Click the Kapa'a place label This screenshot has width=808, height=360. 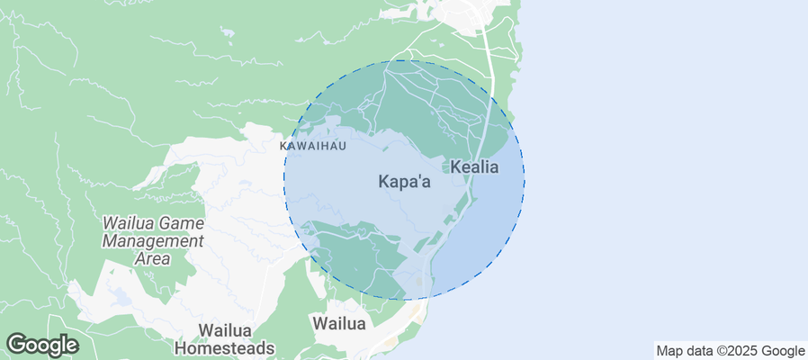pyautogui.click(x=404, y=182)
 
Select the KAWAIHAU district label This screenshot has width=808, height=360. pyautogui.click(x=312, y=146)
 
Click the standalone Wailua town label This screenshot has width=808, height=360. pyautogui.click(x=338, y=323)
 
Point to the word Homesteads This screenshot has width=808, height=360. pyautogui.click(x=224, y=347)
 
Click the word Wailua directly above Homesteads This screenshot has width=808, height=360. pyautogui.click(x=224, y=330)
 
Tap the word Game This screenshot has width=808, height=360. pyautogui.click(x=184, y=223)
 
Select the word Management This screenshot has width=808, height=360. pyautogui.click(x=153, y=241)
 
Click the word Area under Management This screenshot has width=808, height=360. pyautogui.click(x=153, y=259)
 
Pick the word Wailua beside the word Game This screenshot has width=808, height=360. pyautogui.click(x=131, y=223)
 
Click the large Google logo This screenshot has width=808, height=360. pyautogui.click(x=42, y=344)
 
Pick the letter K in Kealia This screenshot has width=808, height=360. pyautogui.click(x=455, y=167)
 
